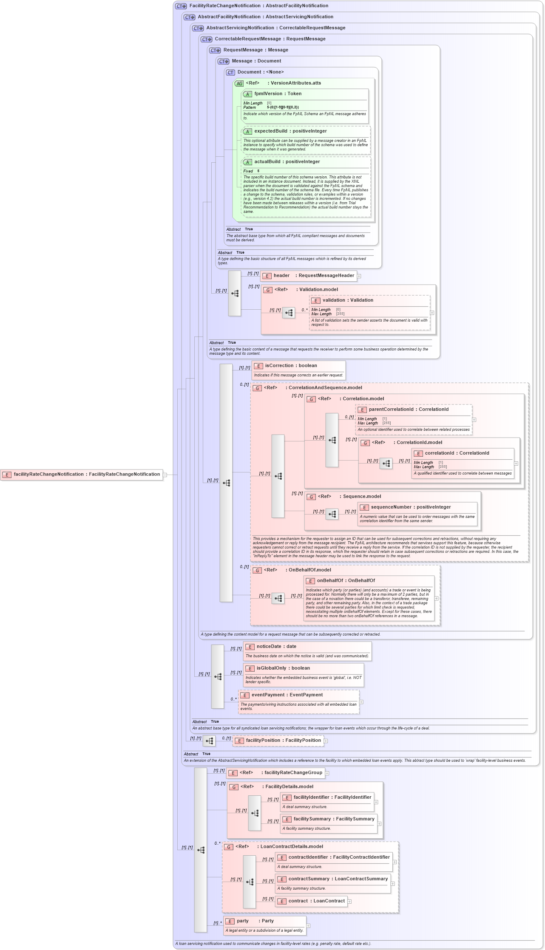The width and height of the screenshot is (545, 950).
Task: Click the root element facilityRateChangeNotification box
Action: click(82, 475)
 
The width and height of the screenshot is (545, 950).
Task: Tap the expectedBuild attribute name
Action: click(271, 131)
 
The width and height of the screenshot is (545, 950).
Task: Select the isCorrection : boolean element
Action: click(291, 366)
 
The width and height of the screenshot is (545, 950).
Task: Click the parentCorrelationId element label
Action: click(391, 410)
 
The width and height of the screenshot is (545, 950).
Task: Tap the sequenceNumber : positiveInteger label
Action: click(410, 507)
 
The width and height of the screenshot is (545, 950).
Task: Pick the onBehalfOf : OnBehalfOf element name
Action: click(346, 581)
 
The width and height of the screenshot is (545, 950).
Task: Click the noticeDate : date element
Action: click(276, 647)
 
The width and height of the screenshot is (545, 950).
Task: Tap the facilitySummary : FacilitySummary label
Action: click(334, 819)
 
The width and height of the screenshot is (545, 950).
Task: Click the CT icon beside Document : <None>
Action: click(230, 73)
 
